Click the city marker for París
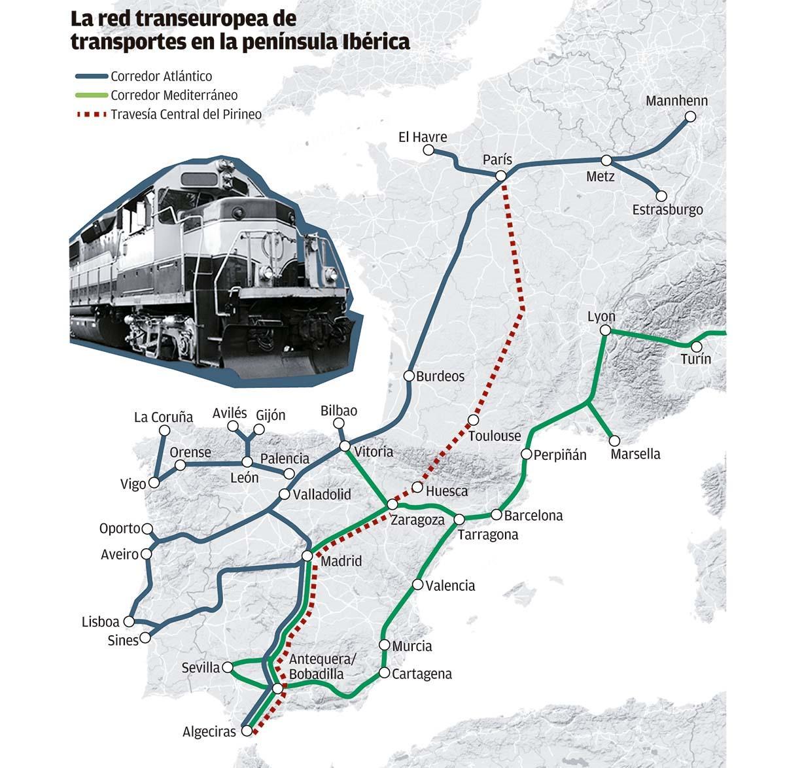coord(501,175)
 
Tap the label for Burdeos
coord(440,376)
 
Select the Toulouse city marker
coord(474,420)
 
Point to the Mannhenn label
coord(676,101)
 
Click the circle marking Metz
coord(607,160)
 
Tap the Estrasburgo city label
coord(667,210)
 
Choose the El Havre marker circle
coord(428,150)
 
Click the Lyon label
coord(601,317)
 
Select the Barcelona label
coord(533,515)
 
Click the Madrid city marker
coord(307,556)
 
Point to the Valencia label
coord(450,585)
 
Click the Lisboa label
coord(100,622)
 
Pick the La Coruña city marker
coord(165,430)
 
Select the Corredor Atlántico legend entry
coord(161,77)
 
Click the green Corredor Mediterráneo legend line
coord(90,96)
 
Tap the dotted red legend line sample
coord(90,114)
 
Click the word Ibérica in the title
coord(376,42)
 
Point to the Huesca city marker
coord(417,487)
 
